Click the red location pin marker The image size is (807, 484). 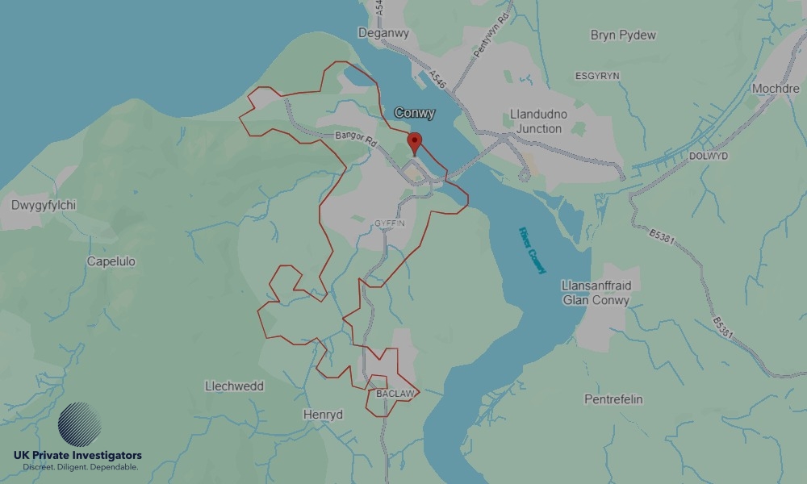(x=415, y=143)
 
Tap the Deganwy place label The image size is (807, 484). (x=383, y=33)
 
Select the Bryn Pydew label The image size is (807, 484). (x=623, y=35)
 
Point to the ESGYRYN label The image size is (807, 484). (x=596, y=76)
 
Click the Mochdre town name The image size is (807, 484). (x=775, y=89)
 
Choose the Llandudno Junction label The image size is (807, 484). (x=538, y=122)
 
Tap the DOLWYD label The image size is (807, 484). (x=708, y=156)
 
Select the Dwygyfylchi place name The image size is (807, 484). (x=44, y=205)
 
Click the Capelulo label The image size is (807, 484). (x=111, y=261)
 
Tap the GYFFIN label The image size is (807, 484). (x=389, y=223)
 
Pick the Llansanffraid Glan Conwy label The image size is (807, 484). (x=596, y=293)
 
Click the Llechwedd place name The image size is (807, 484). (x=234, y=386)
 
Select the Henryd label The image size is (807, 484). (x=323, y=415)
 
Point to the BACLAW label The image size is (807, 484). (x=395, y=394)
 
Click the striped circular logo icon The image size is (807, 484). (x=80, y=424)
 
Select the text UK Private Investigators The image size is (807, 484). (x=77, y=456)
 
